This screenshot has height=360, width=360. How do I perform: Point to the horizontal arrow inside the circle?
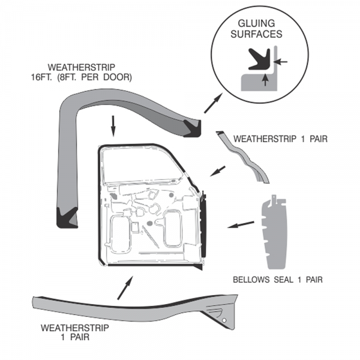tap(282, 61)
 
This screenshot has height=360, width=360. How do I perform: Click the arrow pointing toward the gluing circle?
tap(211, 104)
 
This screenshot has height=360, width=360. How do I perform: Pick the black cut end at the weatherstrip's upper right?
tap(193, 126)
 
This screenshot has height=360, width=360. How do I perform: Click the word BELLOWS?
tap(251, 279)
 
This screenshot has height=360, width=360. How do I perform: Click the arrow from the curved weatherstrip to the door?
tap(218, 170)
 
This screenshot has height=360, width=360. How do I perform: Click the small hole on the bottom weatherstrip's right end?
tap(224, 322)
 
